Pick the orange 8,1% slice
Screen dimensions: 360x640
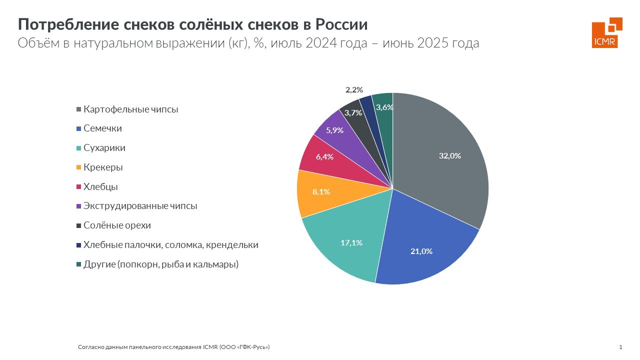(x=320, y=192)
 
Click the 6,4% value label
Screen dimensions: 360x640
(x=324, y=156)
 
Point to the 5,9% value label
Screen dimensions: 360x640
(x=334, y=130)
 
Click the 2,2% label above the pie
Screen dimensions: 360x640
(x=354, y=90)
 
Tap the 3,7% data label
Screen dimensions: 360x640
(x=353, y=113)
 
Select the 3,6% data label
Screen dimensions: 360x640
(x=384, y=107)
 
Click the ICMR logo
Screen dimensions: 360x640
(x=606, y=32)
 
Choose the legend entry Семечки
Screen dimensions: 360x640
(x=102, y=128)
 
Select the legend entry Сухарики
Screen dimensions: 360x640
(x=104, y=148)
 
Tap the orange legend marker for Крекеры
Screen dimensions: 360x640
(x=78, y=168)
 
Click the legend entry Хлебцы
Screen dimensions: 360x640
(x=100, y=187)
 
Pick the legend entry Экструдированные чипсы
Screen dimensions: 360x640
(x=140, y=206)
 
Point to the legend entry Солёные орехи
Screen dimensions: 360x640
(x=117, y=225)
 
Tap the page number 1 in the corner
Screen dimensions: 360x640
(x=620, y=347)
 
